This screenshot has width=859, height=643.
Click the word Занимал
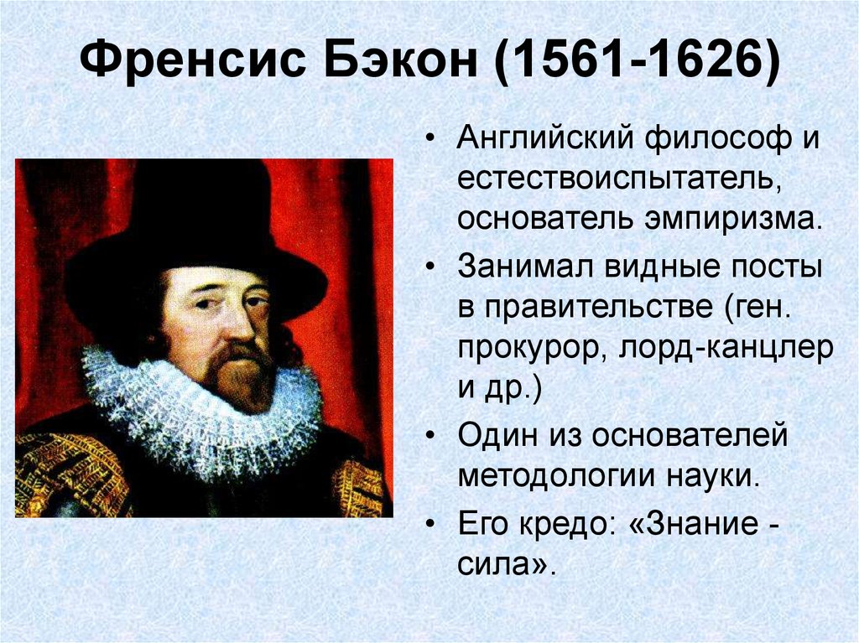pos(526,267)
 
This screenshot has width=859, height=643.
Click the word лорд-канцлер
pos(726,349)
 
